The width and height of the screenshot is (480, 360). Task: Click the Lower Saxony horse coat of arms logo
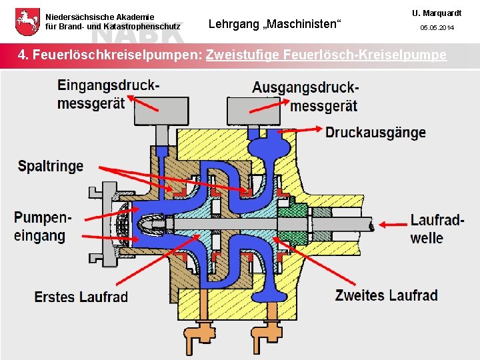tap(26, 21)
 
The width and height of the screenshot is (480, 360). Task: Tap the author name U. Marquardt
tap(436, 13)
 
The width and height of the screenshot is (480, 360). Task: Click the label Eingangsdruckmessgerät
tap(108, 94)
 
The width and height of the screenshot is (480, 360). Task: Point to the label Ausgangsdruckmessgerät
tap(305, 96)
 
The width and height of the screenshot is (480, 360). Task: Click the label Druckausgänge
tap(375, 132)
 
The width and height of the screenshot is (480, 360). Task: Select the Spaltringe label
tap(51, 166)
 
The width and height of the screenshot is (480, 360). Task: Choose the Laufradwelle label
tap(437, 228)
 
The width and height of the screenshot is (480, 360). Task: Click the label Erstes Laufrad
tap(81, 296)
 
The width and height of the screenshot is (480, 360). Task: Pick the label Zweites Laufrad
tap(386, 295)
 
